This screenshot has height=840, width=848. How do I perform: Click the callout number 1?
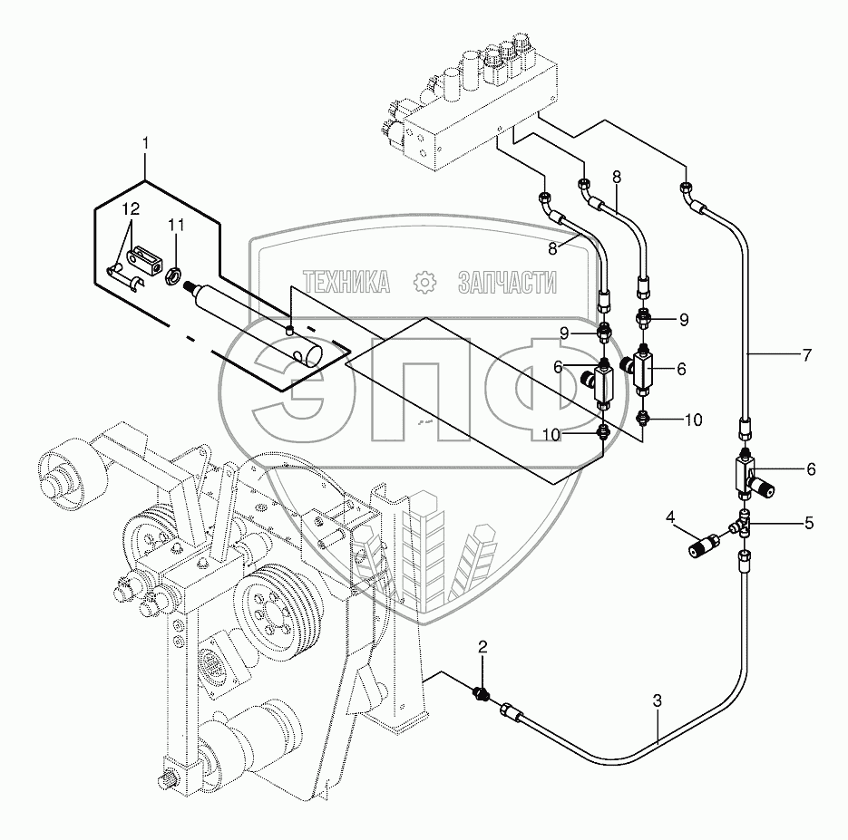[146, 143]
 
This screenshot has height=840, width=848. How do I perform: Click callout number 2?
[482, 647]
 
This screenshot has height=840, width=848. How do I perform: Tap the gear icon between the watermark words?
[424, 283]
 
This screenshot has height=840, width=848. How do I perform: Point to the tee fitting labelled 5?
[745, 525]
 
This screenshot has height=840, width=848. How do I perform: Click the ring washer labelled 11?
[172, 272]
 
